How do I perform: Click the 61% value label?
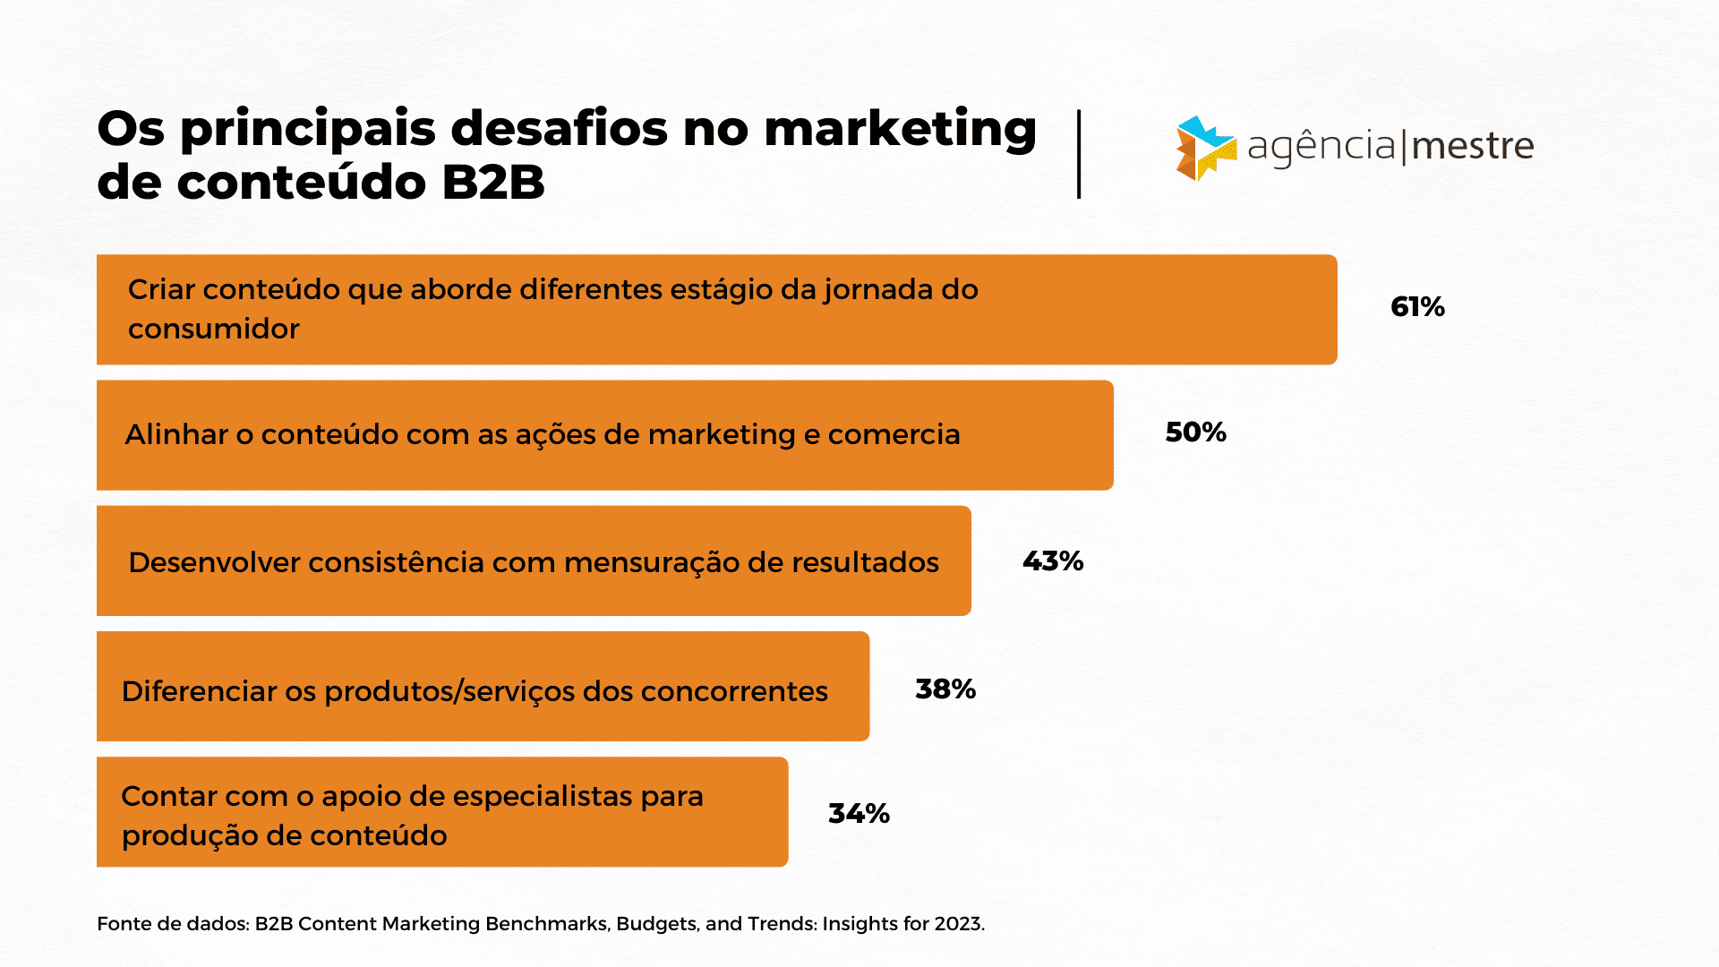point(1417,307)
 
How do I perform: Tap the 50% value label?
point(1195,432)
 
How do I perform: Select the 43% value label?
point(1053,561)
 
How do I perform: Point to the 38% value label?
point(945,689)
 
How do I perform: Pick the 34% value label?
point(859,813)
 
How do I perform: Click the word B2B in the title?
point(493,183)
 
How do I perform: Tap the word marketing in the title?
point(900,128)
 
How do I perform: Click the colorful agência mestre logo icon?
point(1205,148)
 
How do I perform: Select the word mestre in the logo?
point(1473,146)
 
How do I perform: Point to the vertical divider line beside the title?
point(1079,154)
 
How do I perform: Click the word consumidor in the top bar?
point(214,329)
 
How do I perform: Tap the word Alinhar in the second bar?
point(175,434)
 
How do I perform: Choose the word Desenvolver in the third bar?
point(214,562)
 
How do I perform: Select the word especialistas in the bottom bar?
point(530,796)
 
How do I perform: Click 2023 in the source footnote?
point(959,924)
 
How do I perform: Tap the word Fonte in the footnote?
point(124,924)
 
